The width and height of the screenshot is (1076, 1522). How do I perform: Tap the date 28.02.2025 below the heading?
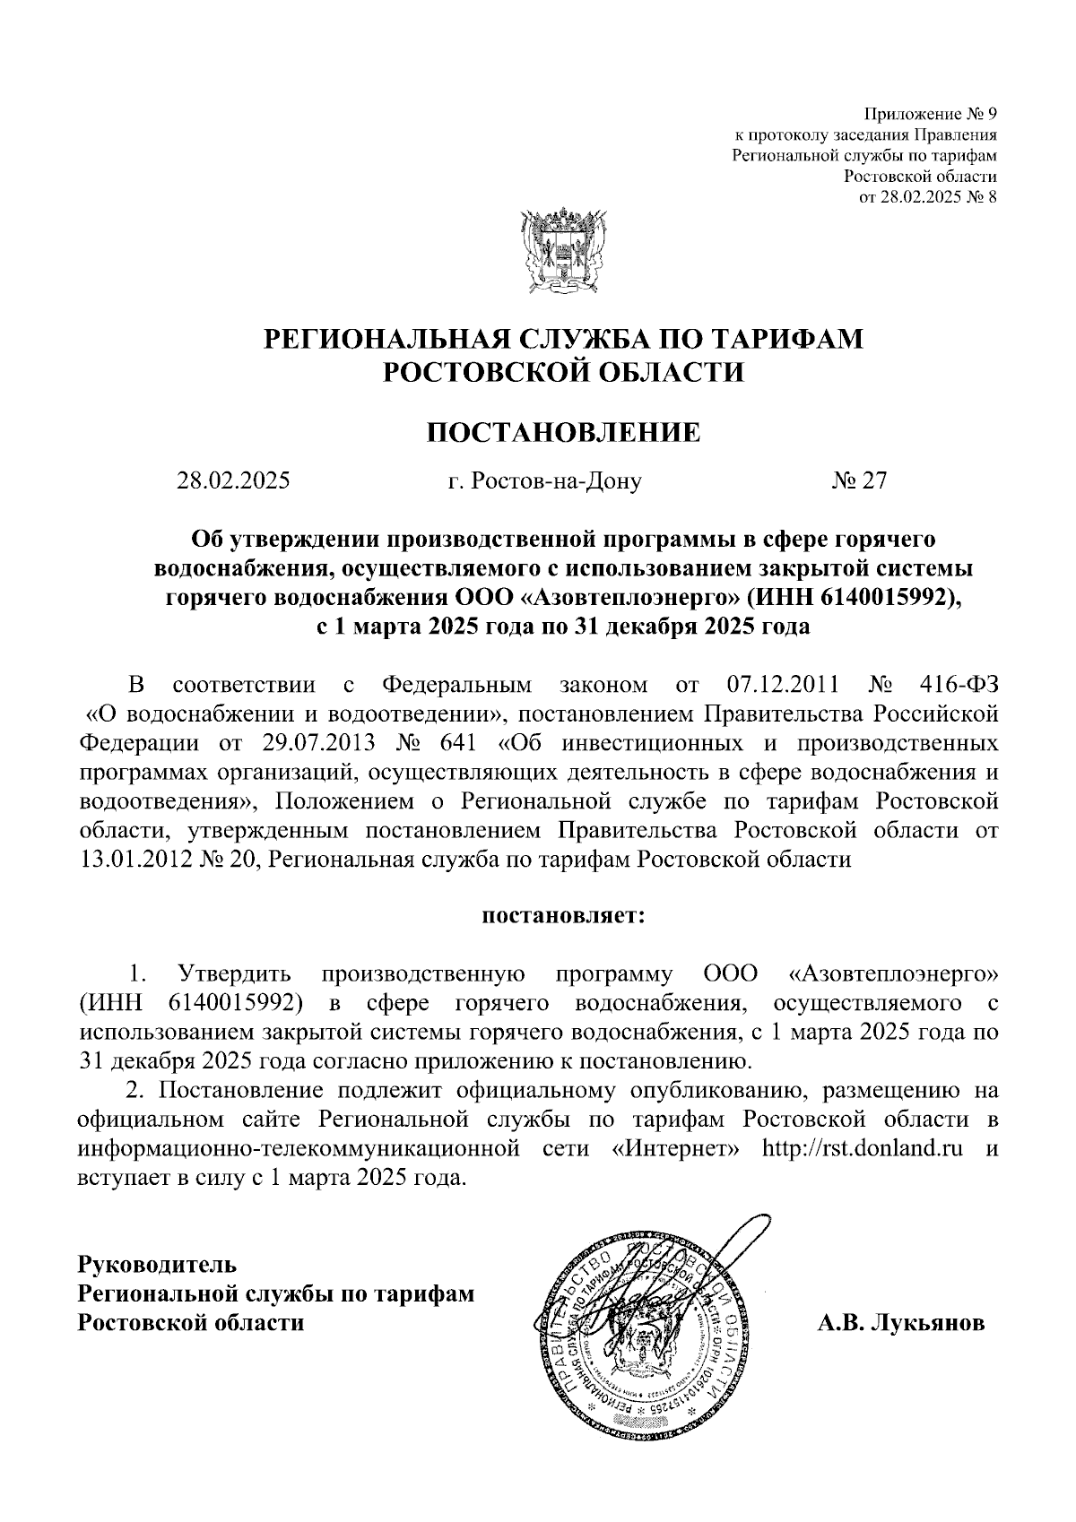pyautogui.click(x=233, y=481)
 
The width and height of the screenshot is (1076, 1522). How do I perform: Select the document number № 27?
pyautogui.click(x=859, y=481)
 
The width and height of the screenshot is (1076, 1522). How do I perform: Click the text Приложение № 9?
pyautogui.click(x=930, y=115)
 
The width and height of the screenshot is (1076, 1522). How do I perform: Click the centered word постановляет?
pyautogui.click(x=564, y=916)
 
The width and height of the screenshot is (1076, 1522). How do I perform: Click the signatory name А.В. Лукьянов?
pyautogui.click(x=901, y=1323)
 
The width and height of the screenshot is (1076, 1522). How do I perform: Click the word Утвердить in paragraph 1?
pyautogui.click(x=235, y=973)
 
